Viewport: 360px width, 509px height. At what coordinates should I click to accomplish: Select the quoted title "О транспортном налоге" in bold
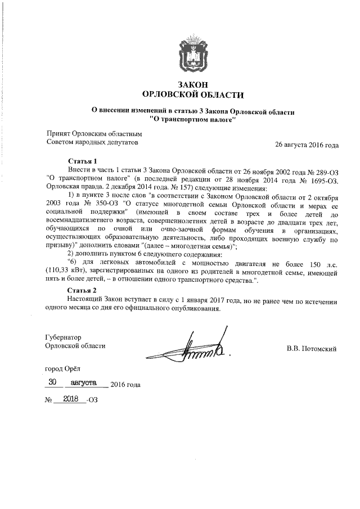pos(193,119)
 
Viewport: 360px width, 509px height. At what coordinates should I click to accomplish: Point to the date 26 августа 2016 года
pos(306,145)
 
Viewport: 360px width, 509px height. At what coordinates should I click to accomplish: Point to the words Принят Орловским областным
pos(93,134)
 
